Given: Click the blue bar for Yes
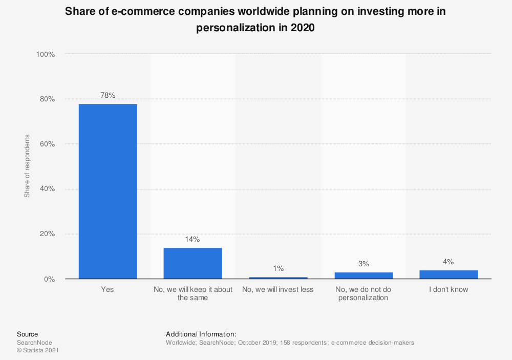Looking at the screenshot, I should tap(108, 192).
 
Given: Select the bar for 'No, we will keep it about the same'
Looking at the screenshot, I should tap(193, 263).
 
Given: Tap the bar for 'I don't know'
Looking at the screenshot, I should tap(449, 274).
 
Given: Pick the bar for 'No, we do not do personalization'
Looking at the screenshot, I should tap(364, 276).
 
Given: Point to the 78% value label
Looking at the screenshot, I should tap(108, 95).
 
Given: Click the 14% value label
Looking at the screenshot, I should tap(193, 239).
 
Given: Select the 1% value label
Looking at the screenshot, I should tap(278, 268).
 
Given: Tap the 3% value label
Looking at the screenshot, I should tap(364, 264).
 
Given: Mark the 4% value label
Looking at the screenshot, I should tap(449, 262).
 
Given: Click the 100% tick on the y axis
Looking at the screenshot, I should tap(45, 54).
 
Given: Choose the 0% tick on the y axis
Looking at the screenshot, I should tap(49, 279).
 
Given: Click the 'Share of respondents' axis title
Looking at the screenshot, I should tap(27, 166).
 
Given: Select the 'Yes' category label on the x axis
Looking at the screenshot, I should tap(108, 289).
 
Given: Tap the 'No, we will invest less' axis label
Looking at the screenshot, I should tap(278, 289).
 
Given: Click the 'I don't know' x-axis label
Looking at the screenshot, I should tap(449, 289).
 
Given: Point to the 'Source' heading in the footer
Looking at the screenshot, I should tap(27, 334).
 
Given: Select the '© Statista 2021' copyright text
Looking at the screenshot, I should tap(38, 351).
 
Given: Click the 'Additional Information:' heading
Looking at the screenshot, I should tap(201, 334).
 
